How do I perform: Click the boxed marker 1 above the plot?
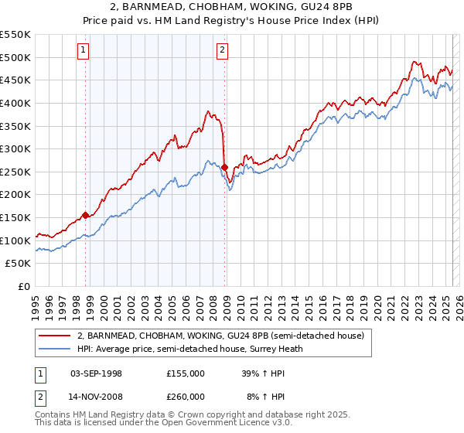point(83,51)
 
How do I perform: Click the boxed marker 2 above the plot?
point(222,51)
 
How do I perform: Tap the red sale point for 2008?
point(224,167)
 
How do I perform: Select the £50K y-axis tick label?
point(18,264)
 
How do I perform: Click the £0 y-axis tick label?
point(23,287)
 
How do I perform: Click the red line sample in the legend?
point(54,336)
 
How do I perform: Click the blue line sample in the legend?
point(54,349)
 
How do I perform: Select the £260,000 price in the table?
point(186,396)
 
